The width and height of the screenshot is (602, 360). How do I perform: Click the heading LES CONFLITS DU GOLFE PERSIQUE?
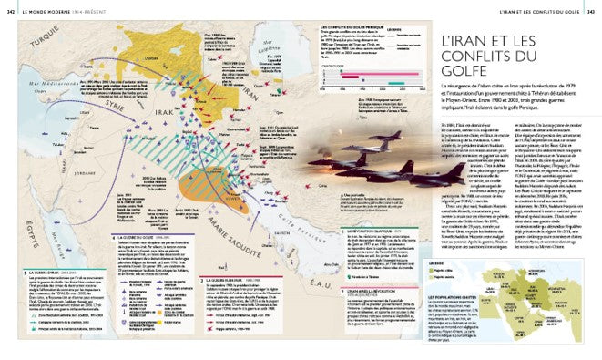(349, 27)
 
